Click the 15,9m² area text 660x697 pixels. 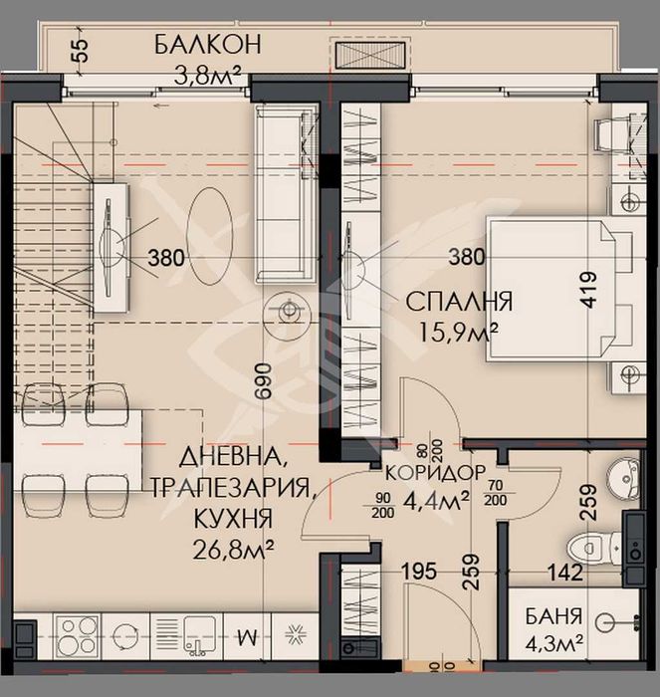tap(463, 330)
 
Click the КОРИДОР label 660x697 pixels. tap(436, 471)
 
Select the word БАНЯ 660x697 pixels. tap(555, 616)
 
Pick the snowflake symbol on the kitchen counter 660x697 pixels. tap(296, 633)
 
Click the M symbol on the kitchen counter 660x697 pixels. tap(248, 634)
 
